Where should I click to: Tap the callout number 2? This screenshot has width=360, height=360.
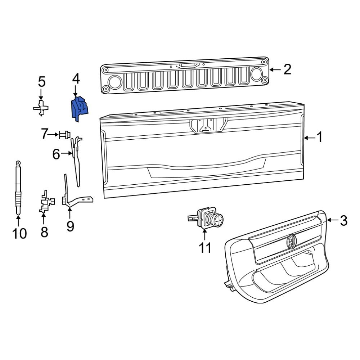click(287, 69)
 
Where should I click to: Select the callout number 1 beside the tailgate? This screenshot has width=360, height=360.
click(319, 138)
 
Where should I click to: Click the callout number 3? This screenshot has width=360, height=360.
click(343, 220)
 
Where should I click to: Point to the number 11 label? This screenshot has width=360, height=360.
click(205, 248)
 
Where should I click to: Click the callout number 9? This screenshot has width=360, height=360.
click(70, 226)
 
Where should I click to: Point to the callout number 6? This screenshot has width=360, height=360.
click(56, 154)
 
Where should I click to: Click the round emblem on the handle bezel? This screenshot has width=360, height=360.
click(291, 241)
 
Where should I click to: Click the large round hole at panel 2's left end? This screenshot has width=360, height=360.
click(115, 82)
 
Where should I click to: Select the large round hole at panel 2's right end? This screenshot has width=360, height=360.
click(257, 74)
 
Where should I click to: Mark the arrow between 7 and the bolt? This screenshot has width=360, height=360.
click(54, 135)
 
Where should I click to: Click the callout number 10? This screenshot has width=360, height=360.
click(19, 234)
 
